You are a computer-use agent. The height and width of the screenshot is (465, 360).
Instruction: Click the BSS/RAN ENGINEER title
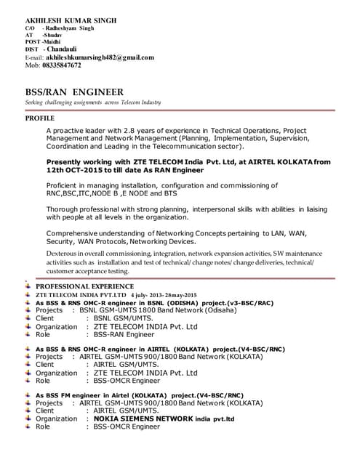74,92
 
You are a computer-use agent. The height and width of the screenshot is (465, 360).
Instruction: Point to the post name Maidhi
53,41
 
